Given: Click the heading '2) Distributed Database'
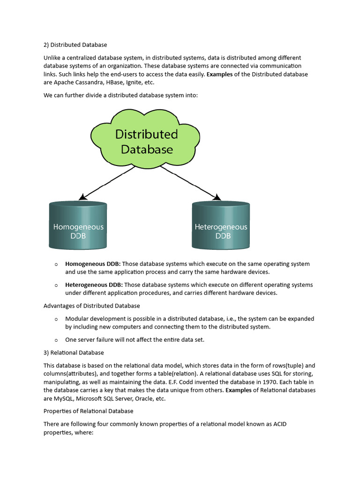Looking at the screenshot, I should [x=75, y=45].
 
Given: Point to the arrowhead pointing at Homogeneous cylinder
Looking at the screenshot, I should [x=82, y=197].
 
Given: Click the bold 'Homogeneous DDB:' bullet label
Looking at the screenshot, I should [x=93, y=264].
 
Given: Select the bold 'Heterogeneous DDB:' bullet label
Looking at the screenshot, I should [x=94, y=285].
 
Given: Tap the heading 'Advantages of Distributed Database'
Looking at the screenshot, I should [x=91, y=306].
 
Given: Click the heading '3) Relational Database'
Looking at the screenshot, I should [x=74, y=352].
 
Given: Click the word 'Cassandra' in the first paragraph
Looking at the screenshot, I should [x=92, y=82].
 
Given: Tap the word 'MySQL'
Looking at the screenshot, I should [x=66, y=398].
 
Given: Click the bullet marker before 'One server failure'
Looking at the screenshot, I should [x=56, y=340].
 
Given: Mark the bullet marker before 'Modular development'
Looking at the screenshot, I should [x=56, y=319].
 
